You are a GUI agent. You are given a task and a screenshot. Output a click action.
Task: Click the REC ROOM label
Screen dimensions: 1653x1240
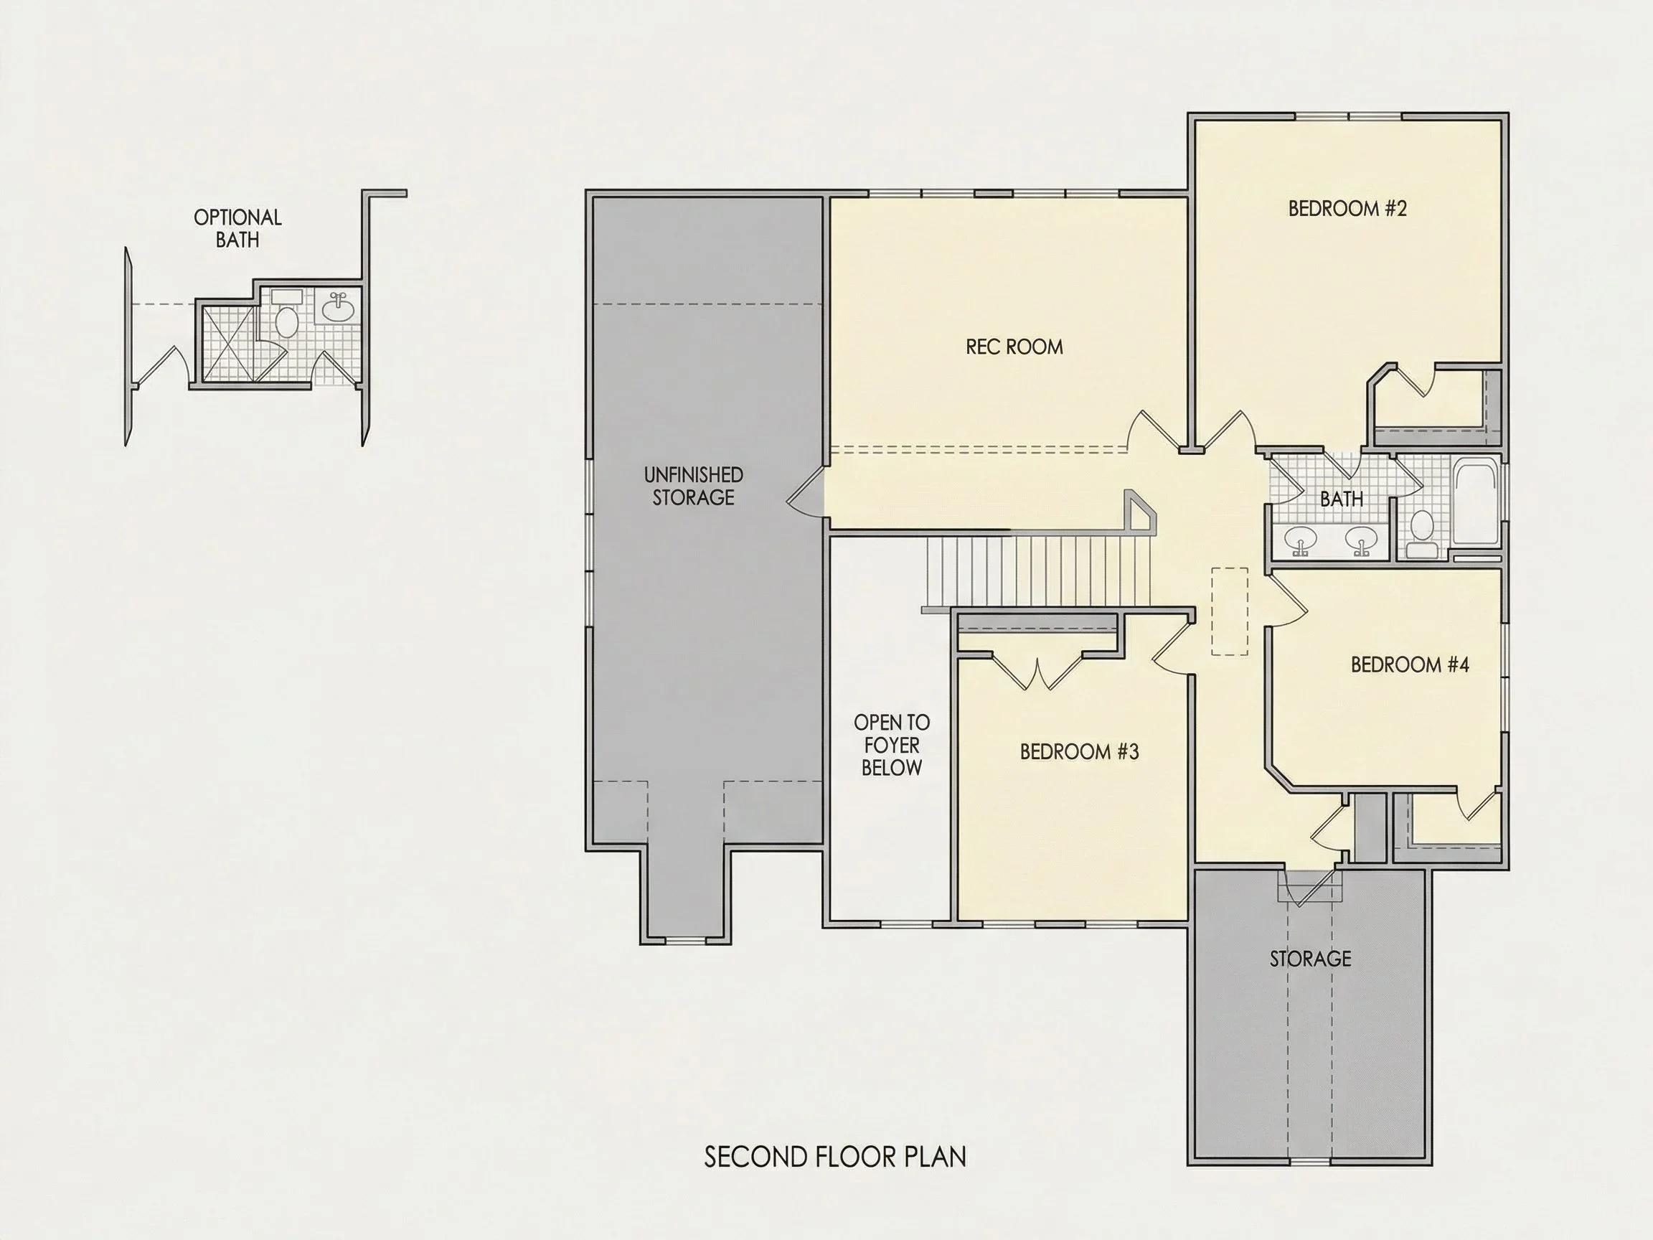pyautogui.click(x=1014, y=347)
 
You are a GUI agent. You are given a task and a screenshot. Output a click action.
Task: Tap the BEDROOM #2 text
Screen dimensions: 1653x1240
pyautogui.click(x=1347, y=209)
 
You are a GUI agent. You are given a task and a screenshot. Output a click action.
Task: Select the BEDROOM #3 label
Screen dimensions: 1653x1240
pyautogui.click(x=1079, y=751)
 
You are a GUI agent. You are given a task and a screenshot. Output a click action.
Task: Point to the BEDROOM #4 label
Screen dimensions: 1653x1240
pyautogui.click(x=1410, y=664)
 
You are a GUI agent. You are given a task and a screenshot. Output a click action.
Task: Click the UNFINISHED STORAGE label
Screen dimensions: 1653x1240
pyautogui.click(x=694, y=486)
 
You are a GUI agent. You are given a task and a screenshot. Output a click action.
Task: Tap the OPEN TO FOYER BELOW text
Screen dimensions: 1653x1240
pyautogui.click(x=892, y=744)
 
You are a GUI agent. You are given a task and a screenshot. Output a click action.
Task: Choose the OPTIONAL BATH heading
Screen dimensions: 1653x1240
pyautogui.click(x=237, y=229)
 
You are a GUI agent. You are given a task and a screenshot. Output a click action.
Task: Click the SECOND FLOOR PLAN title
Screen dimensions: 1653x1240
pyautogui.click(x=835, y=1157)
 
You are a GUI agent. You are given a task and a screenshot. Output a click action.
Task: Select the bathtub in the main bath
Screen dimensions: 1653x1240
pyautogui.click(x=1476, y=503)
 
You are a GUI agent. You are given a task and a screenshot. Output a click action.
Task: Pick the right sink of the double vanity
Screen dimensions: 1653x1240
pyautogui.click(x=1362, y=540)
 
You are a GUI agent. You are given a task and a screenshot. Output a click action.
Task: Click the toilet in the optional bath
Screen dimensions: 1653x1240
pyautogui.click(x=286, y=315)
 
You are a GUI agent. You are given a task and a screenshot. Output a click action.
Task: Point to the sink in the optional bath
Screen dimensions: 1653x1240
pyautogui.click(x=339, y=307)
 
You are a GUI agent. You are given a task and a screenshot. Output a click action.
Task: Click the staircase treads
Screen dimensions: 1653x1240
pyautogui.click(x=1039, y=570)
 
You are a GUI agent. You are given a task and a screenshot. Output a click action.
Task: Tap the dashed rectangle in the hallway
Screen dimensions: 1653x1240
pyautogui.click(x=1229, y=611)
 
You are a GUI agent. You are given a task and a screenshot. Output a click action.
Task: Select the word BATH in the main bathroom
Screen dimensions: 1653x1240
pyautogui.click(x=1342, y=499)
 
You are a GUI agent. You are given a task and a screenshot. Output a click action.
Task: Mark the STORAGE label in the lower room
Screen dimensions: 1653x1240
pyautogui.click(x=1311, y=958)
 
